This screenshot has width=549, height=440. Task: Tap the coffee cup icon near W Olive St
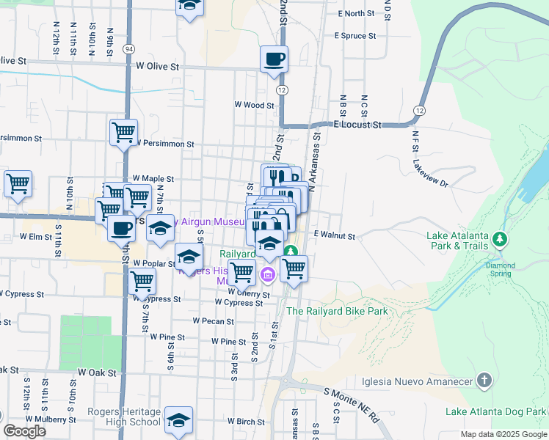(274, 59)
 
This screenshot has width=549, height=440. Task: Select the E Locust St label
(359, 125)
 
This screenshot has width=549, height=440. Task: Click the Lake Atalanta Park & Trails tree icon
(500, 239)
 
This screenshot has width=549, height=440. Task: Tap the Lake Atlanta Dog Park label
(505, 412)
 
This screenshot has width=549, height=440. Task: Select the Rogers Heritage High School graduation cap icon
(178, 419)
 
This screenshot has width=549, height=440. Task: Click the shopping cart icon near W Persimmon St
(123, 133)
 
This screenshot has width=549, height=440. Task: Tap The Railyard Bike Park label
(337, 311)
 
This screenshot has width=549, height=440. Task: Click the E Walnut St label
(334, 236)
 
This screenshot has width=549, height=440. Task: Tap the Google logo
(24, 431)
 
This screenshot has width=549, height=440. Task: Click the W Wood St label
(254, 105)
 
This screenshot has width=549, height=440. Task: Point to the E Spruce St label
(355, 35)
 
